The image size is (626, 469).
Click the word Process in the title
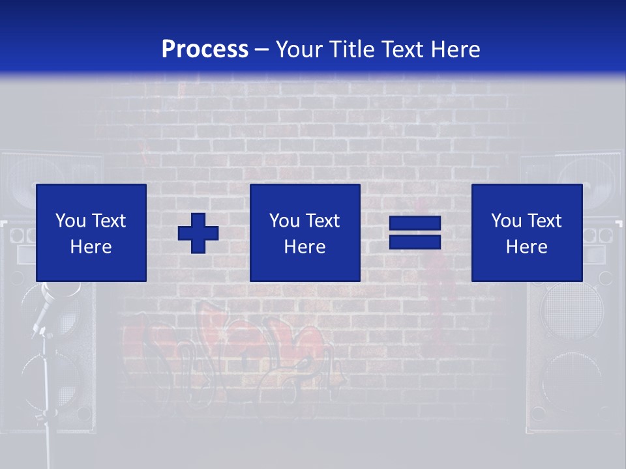pyautogui.click(x=205, y=50)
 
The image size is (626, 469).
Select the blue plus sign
pyautogui.click(x=198, y=233)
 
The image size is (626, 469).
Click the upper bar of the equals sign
pyautogui.click(x=415, y=224)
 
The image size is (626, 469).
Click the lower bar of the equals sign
pyautogui.click(x=415, y=242)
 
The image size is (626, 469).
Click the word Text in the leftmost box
pyautogui.click(x=109, y=221)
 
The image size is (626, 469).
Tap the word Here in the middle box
pyautogui.click(x=305, y=247)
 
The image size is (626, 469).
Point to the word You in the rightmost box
pyautogui.click(x=506, y=221)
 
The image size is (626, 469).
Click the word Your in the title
pyautogui.click(x=299, y=50)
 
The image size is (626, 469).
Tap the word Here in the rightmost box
pyautogui.click(x=527, y=247)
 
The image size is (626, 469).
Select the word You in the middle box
pyautogui.click(x=284, y=221)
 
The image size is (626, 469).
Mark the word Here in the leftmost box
pyautogui.click(x=91, y=247)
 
